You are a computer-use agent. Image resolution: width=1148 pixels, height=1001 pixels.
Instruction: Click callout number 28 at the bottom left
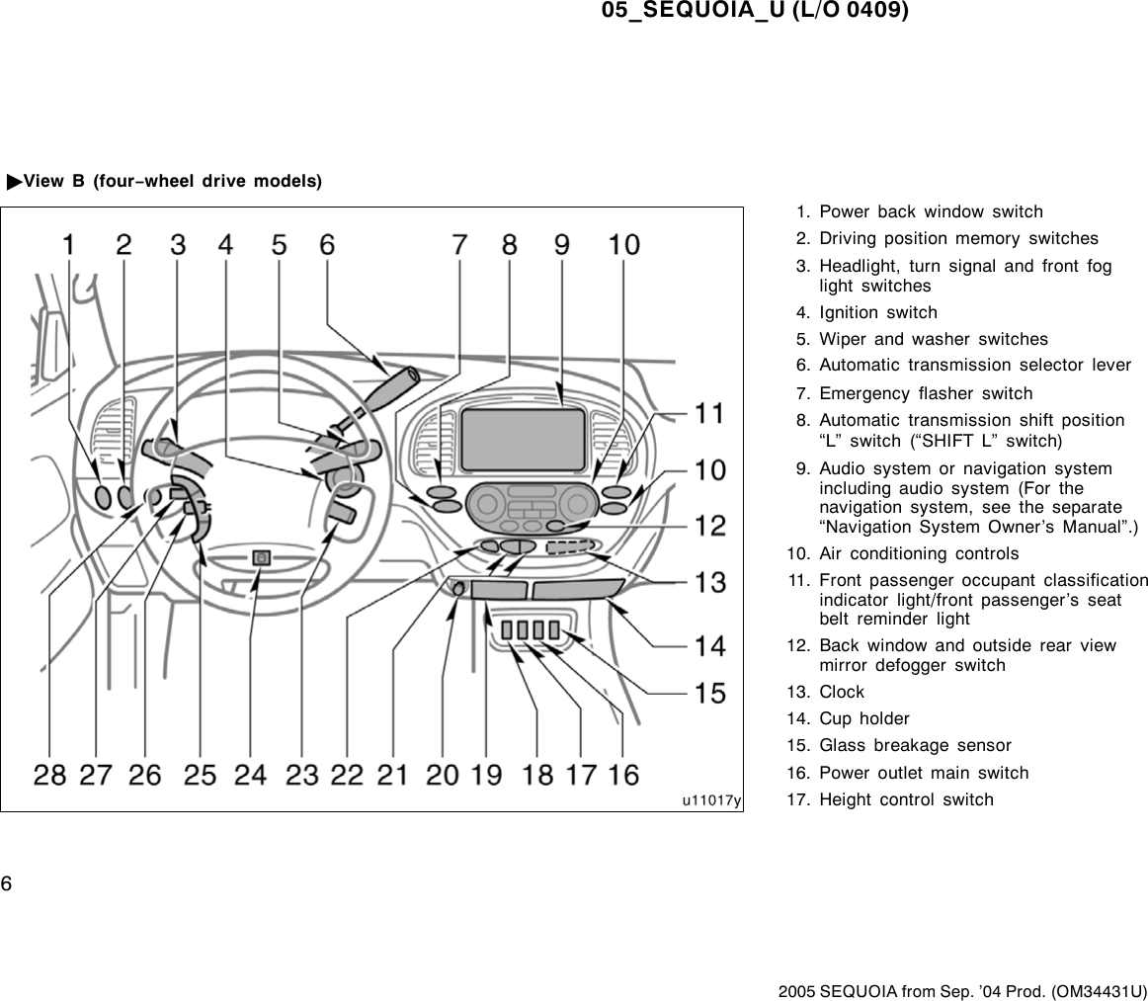50,774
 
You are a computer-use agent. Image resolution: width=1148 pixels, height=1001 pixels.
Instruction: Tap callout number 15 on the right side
709,693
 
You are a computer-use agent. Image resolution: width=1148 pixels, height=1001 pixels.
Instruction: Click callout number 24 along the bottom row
251,774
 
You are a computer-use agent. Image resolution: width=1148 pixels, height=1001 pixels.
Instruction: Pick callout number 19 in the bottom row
486,774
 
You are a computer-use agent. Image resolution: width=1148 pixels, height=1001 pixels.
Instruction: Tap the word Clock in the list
842,692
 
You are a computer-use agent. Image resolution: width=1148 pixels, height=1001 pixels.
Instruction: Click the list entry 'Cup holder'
864,718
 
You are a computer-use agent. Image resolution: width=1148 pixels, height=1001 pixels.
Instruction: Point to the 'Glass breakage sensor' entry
915,745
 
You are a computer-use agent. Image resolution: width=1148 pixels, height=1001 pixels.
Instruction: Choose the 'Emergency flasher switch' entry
926,393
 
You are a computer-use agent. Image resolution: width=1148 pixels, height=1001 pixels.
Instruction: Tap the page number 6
6,882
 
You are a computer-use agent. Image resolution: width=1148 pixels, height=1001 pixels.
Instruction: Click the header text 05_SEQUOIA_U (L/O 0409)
755,11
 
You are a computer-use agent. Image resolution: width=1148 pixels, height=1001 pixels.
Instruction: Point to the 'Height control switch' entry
906,799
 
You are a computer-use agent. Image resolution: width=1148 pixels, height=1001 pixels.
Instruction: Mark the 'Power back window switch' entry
931,211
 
